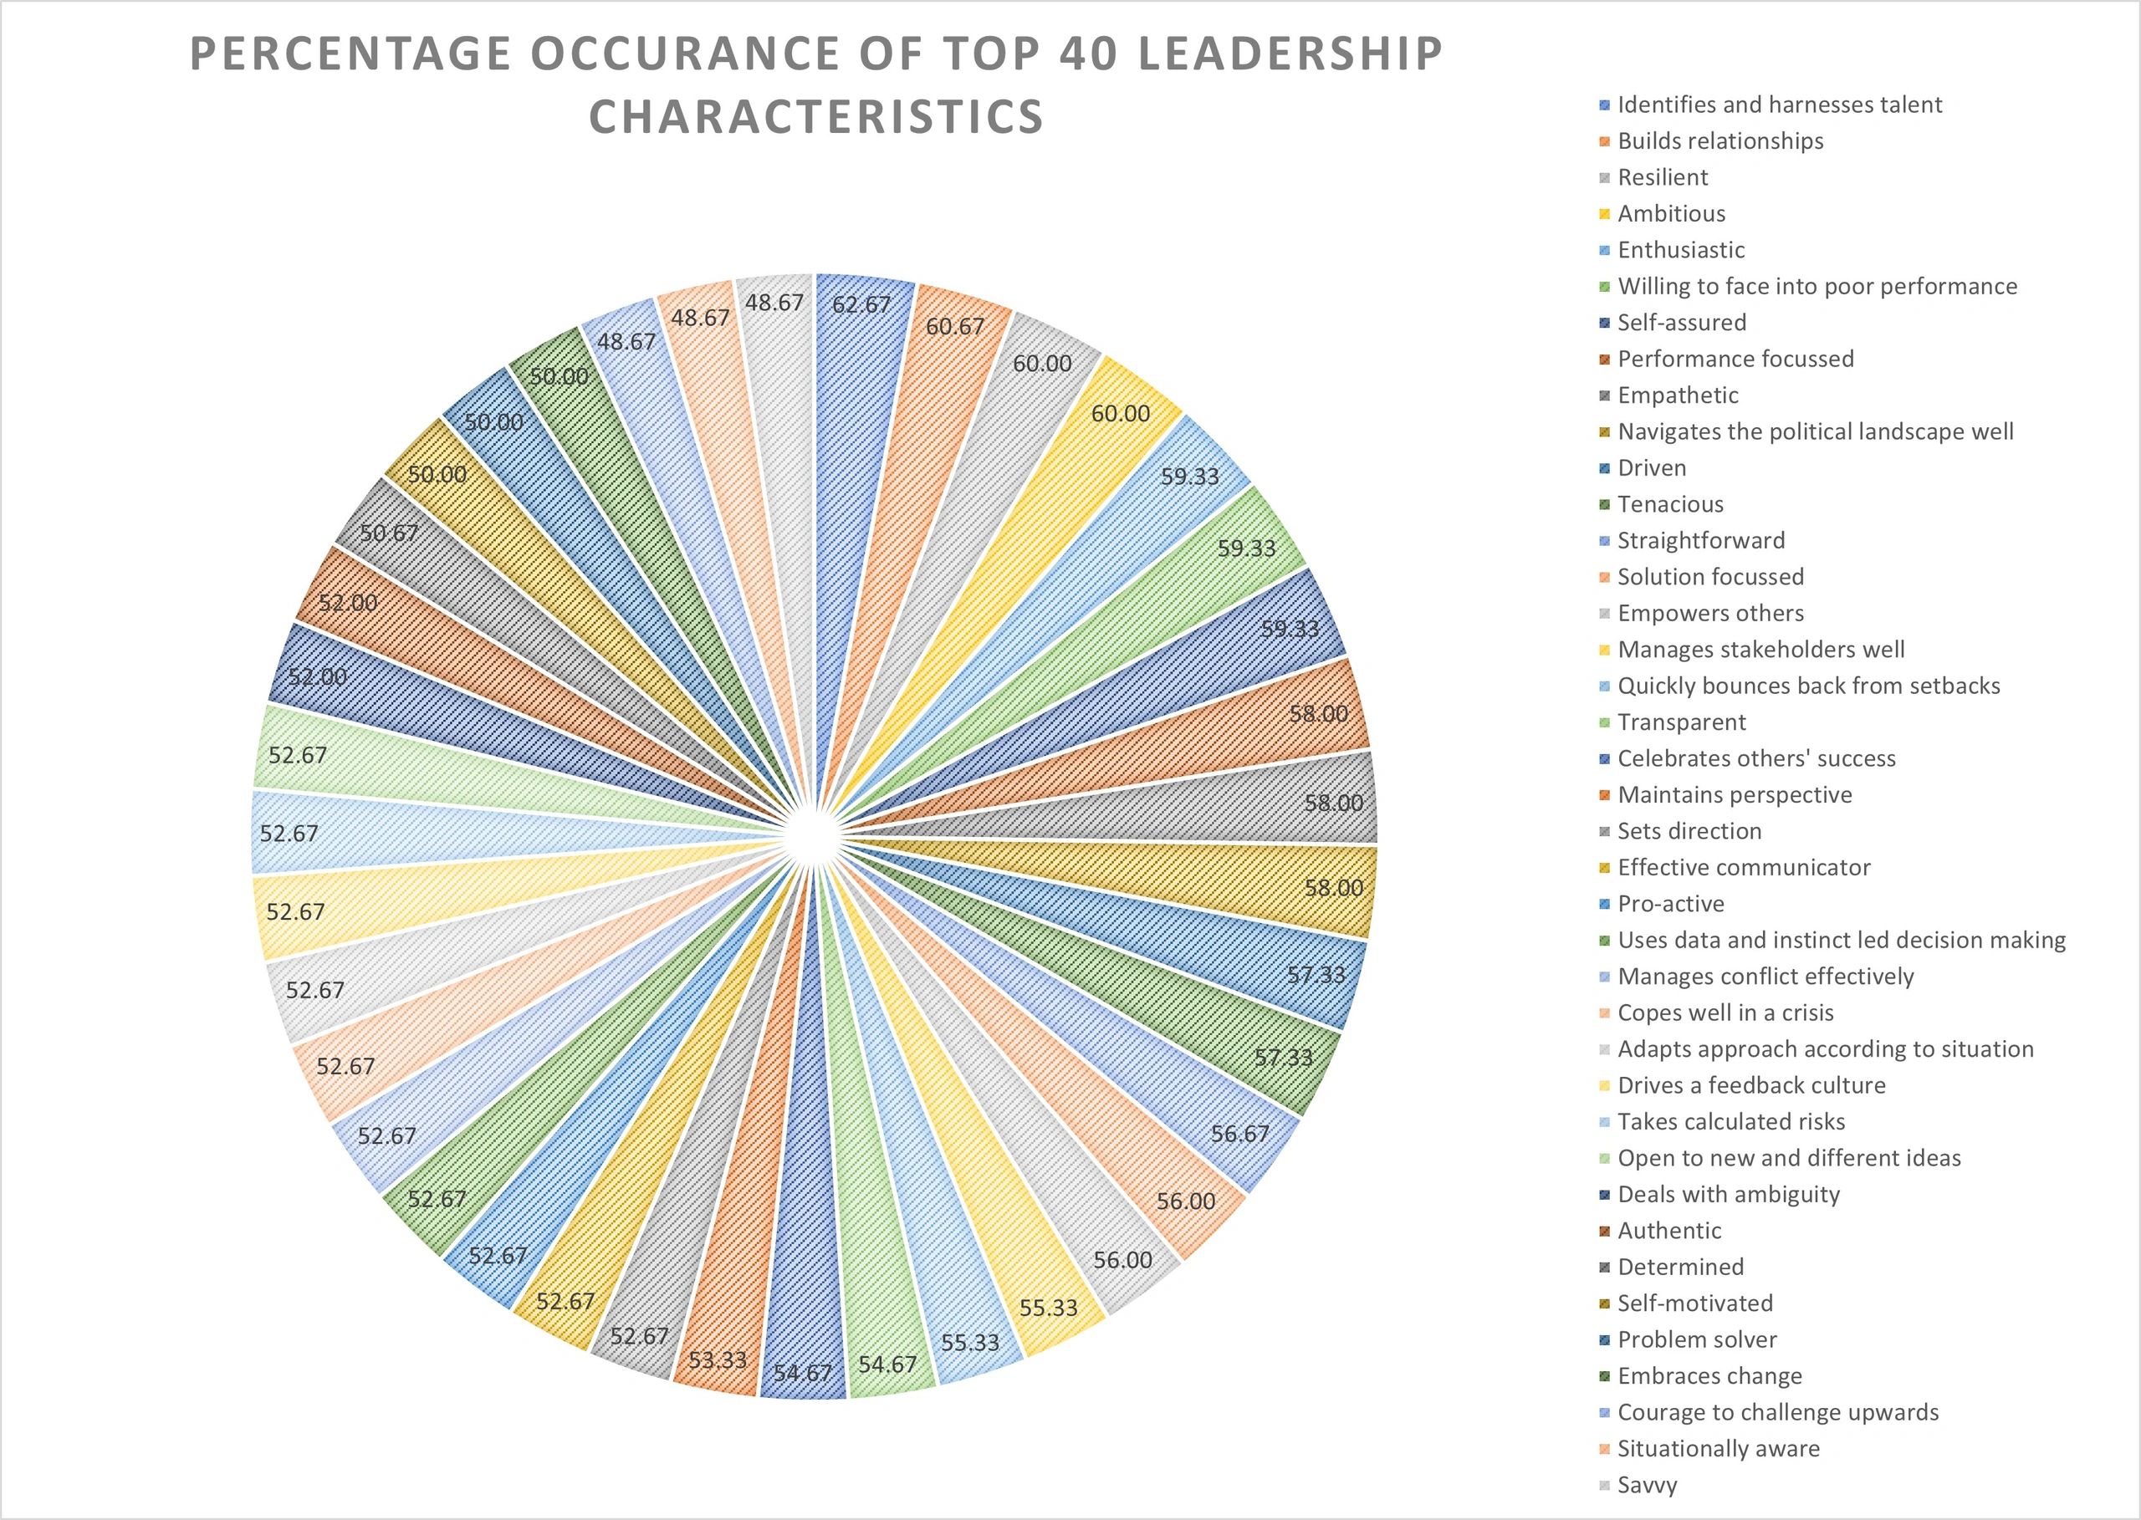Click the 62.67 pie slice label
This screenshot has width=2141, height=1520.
pos(861,304)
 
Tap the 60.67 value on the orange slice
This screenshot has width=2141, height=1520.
pos(955,327)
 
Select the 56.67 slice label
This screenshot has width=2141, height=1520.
pos(1239,1135)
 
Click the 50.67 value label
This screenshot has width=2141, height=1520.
pos(390,533)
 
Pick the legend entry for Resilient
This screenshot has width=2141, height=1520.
pos(1663,177)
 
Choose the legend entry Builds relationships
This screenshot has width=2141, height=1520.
pos(1720,140)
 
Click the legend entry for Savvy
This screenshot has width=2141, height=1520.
pos(1648,1484)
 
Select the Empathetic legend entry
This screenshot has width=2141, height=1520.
pos(1678,395)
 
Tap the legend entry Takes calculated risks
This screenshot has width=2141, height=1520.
pos(1731,1121)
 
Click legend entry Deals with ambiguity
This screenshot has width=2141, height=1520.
pos(1728,1194)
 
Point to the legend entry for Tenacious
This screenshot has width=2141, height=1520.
pos(1670,503)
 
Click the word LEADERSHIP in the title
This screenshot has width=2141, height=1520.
pos(1291,54)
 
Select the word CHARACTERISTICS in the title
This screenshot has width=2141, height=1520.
pos(816,117)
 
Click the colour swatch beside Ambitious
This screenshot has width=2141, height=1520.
pos(1605,214)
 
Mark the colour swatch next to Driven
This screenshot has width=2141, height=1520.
pos(1605,468)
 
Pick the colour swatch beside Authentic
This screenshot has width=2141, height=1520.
pos(1605,1231)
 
